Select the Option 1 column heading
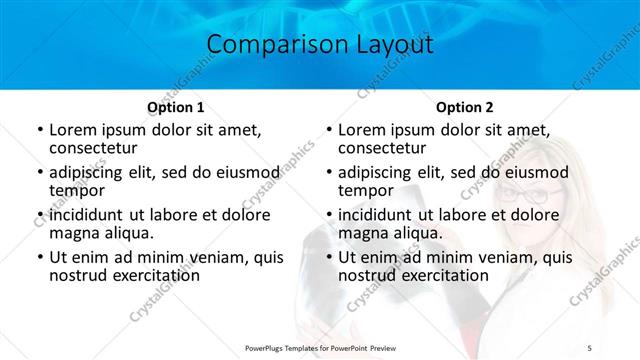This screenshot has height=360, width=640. [x=175, y=107]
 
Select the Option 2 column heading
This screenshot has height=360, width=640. [x=464, y=107]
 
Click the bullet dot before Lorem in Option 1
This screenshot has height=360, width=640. [x=39, y=130]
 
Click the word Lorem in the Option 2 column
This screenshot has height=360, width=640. [x=361, y=129]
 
